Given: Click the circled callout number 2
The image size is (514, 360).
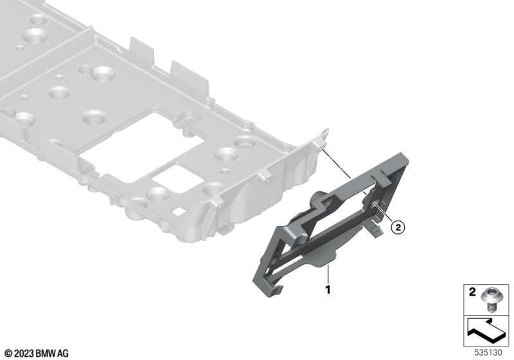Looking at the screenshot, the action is tap(398, 227).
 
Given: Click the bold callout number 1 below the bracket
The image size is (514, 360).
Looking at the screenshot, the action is tap(328, 290).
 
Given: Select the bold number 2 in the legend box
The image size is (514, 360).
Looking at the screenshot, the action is tap(472, 292).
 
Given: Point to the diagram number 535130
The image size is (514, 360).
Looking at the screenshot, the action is tap(488, 352).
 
